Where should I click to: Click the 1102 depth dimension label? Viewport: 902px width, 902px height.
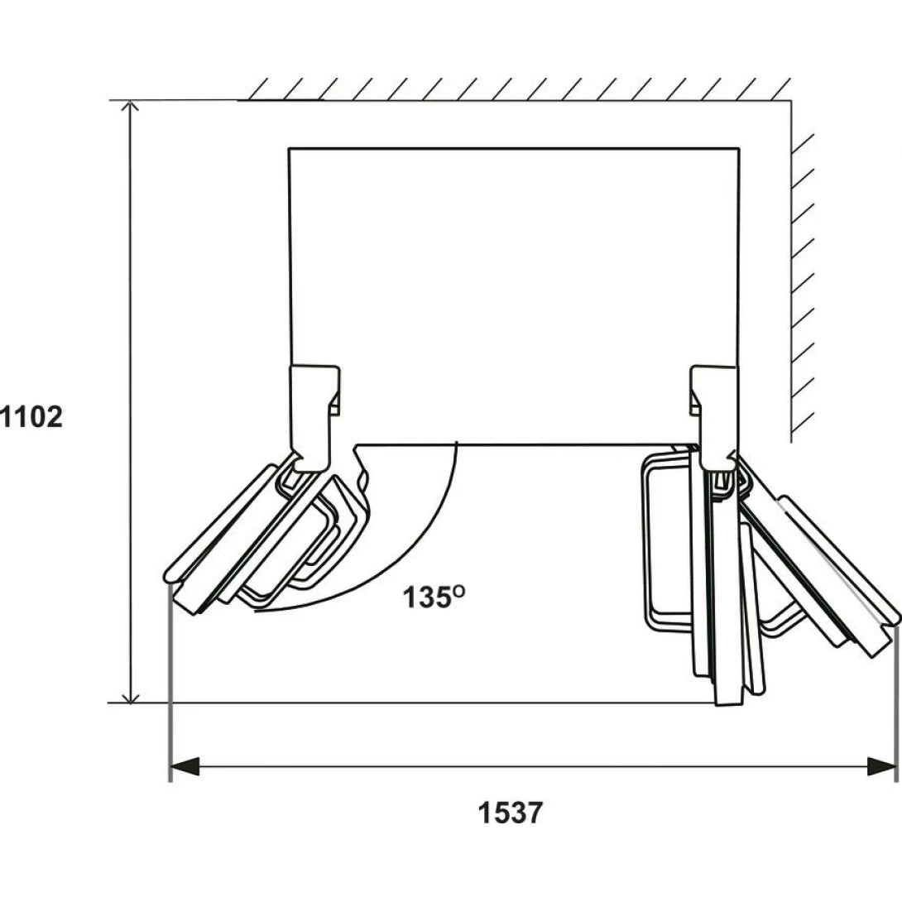point(31,417)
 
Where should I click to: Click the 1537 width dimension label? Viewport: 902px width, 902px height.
point(511,813)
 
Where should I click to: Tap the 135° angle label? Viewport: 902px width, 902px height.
point(434,597)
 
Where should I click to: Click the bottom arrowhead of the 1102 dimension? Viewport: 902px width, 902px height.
point(131,695)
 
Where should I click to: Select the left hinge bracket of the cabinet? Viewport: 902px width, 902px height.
point(314,418)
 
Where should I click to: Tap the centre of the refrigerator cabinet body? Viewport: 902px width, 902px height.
point(514,296)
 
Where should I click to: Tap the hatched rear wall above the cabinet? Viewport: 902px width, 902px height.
point(515,89)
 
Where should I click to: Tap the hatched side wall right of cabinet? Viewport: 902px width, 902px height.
point(803,271)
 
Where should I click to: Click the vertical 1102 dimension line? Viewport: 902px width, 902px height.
point(131,401)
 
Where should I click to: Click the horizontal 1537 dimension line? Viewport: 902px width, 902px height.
point(533,766)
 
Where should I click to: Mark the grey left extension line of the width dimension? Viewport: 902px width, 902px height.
point(170,684)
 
